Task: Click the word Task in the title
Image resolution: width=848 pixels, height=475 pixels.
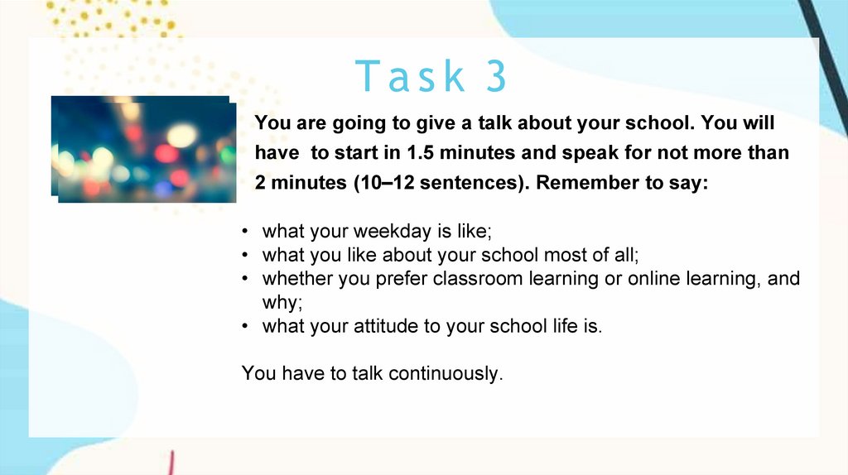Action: coord(410,75)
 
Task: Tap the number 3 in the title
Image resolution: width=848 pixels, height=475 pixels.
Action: coord(496,75)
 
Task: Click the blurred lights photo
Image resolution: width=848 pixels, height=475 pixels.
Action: coord(144,149)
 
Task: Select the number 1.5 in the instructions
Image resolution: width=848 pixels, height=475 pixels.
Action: coord(421,153)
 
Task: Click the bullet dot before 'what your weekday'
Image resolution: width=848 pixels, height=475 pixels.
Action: coord(245,232)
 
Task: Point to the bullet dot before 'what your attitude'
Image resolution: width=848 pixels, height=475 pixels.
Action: coord(245,327)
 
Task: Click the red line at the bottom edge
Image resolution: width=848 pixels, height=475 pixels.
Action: coord(171,463)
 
